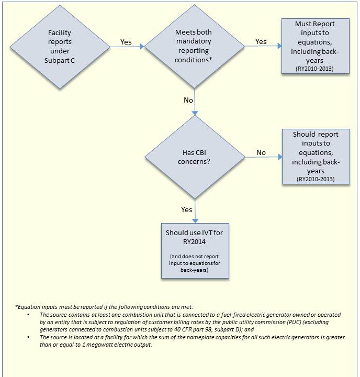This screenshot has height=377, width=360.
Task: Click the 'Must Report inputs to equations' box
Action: (315, 46)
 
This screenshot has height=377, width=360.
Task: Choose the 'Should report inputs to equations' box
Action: (315, 156)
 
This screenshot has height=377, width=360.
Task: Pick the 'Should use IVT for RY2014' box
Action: (195, 250)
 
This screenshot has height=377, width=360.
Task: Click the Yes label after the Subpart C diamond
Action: (126, 42)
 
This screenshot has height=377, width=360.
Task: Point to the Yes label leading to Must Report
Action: (261, 41)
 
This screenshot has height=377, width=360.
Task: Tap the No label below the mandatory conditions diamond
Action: (188, 100)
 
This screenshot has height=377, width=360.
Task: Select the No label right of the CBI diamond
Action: (261, 152)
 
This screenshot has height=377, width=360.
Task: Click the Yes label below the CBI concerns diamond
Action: (187, 209)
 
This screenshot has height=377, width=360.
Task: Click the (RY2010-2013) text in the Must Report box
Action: (315, 69)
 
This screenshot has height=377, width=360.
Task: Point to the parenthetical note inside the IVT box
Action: (195, 263)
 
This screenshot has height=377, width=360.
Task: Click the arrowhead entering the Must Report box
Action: (279, 46)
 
